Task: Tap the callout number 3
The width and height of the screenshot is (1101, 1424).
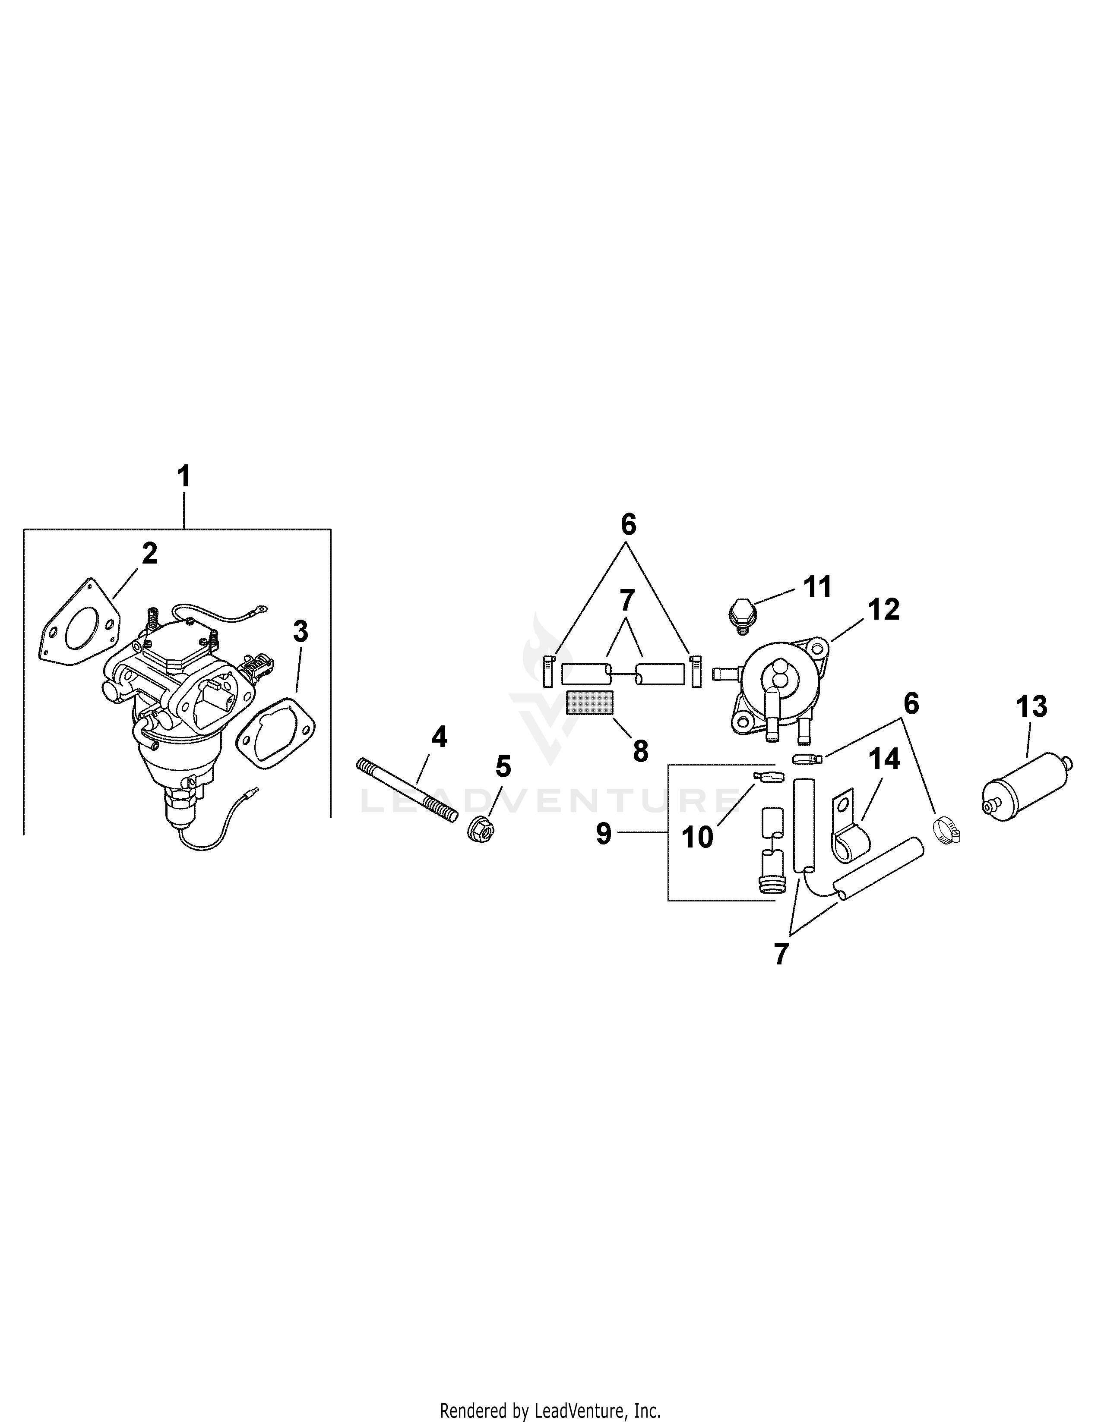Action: (300, 631)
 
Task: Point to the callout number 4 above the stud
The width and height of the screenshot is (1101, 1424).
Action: (439, 737)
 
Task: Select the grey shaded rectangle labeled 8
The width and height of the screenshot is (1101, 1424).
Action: (590, 703)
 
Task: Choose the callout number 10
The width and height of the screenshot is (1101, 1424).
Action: (697, 838)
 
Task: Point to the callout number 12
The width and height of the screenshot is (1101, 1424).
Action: (884, 610)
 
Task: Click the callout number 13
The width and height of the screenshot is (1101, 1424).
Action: (1031, 707)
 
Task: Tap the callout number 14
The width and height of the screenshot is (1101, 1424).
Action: (884, 759)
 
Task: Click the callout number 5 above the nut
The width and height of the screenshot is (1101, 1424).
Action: (503, 767)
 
